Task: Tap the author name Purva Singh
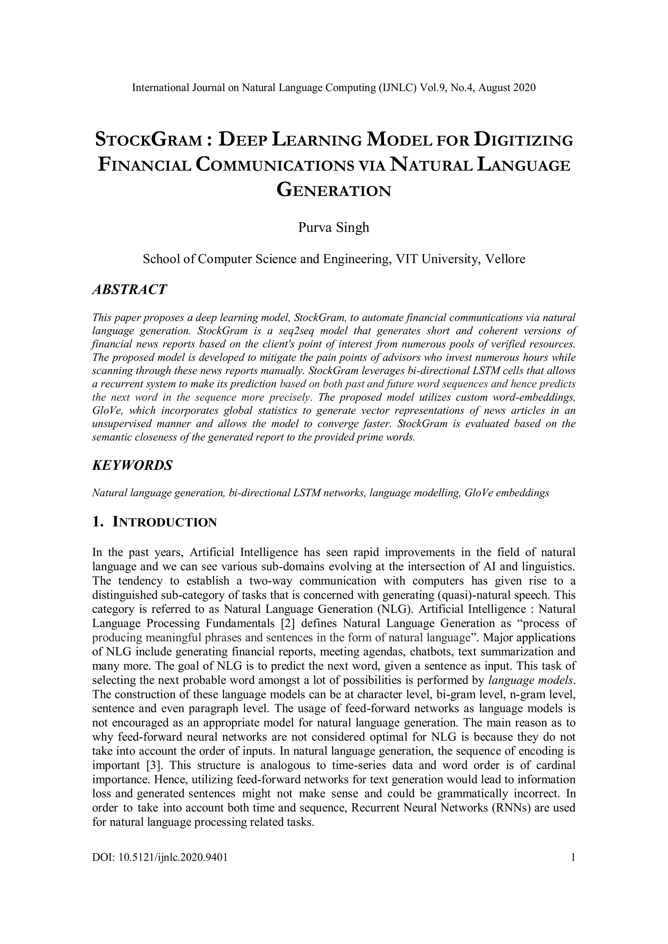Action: (x=334, y=227)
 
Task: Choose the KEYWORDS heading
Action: (x=132, y=465)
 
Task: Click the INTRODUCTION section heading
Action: (x=164, y=523)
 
